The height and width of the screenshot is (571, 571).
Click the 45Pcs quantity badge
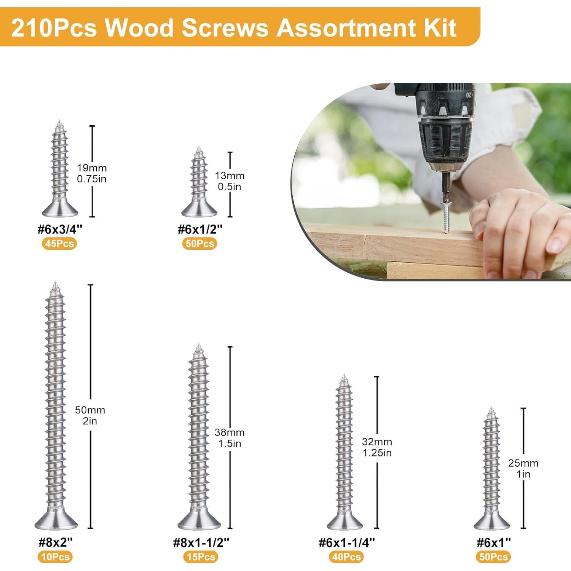[x=59, y=244]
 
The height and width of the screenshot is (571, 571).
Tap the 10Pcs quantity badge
[x=55, y=557]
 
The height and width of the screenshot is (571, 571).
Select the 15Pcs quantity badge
[x=201, y=557]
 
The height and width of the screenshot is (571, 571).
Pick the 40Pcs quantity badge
[x=346, y=557]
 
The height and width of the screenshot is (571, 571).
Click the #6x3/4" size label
[x=60, y=230]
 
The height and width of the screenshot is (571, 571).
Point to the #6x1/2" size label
[x=200, y=230]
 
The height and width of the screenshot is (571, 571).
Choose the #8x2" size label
[x=56, y=542]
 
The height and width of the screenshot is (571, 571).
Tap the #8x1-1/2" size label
[x=201, y=542]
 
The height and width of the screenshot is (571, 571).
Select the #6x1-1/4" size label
[x=346, y=542]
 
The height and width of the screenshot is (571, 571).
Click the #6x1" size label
[x=493, y=542]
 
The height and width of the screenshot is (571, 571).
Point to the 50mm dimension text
[x=90, y=410]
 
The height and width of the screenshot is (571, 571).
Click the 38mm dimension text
[x=230, y=432]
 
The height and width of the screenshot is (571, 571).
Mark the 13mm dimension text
[x=230, y=176]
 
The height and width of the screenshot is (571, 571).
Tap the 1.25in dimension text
[x=377, y=453]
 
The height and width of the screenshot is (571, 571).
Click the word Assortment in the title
[x=331, y=27]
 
